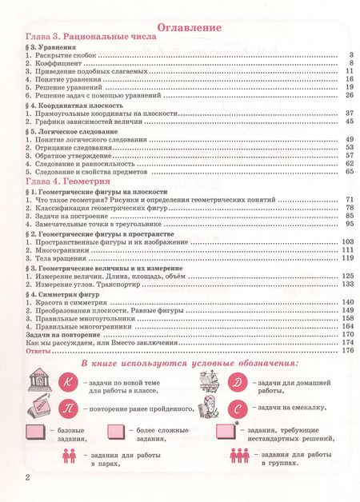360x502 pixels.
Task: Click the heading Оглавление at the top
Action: (189, 26)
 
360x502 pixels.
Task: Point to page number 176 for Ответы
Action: (347, 350)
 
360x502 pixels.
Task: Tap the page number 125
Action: (347, 275)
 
